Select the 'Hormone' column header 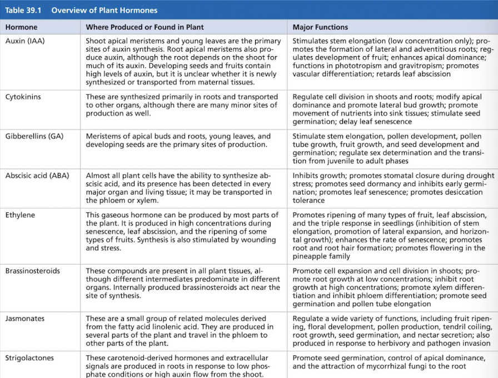click(22, 27)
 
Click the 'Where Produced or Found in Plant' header click(145, 27)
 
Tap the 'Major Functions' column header click(320, 27)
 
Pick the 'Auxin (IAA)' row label click(24, 41)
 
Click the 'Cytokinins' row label click(23, 97)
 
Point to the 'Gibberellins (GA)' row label click(34, 136)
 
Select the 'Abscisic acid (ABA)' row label click(37, 176)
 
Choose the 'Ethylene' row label click(21, 215)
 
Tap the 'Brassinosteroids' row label click(33, 271)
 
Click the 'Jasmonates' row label click(25, 319)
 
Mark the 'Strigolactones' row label click(29, 359)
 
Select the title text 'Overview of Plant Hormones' click(104, 10)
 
